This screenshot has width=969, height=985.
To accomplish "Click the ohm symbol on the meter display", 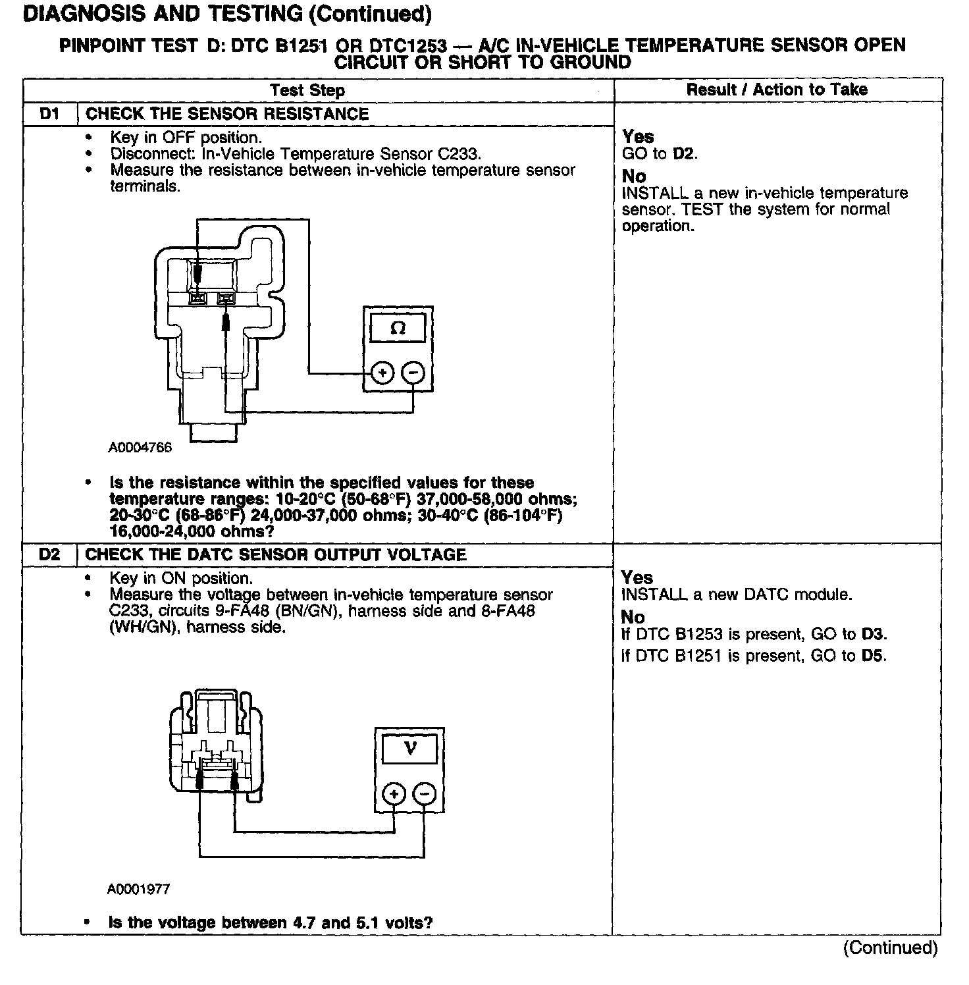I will tap(398, 328).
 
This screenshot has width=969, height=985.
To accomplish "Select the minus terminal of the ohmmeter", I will tap(413, 373).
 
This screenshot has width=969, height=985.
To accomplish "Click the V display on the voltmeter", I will tap(410, 749).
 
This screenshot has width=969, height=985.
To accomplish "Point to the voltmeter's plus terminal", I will tap(394, 794).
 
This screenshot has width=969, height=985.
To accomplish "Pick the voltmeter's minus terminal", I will tap(425, 794).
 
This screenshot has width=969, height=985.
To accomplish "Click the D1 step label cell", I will tap(50, 114).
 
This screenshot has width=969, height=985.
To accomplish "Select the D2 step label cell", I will tap(50, 555).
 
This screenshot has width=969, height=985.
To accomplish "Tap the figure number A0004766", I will tap(140, 448).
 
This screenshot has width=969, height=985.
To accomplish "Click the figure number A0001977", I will tap(139, 890).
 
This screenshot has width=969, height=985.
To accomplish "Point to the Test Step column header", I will tap(307, 90).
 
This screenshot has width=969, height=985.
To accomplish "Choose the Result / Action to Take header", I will tap(777, 90).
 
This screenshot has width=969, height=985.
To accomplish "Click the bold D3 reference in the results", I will tap(874, 635).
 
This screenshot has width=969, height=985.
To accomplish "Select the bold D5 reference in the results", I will tap(874, 656).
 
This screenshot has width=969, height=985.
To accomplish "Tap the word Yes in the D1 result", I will tap(638, 137).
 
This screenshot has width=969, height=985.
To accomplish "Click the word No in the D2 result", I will tap(633, 618).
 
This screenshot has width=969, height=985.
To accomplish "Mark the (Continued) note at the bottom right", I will tap(890, 947).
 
